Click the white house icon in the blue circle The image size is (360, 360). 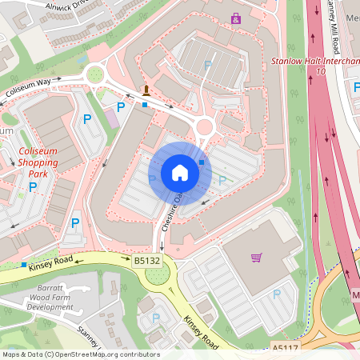pos(180,173)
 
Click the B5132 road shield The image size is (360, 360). pos(146,260)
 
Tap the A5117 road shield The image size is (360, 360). pos(284,348)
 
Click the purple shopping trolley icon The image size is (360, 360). pos(256,258)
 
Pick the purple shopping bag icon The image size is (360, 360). pos(235,18)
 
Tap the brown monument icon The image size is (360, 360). pos(146,90)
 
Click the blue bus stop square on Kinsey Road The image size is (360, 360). pos(25,265)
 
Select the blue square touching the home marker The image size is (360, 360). pos(202,162)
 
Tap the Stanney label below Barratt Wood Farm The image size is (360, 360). pos(88,330)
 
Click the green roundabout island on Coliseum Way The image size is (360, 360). pos(96,76)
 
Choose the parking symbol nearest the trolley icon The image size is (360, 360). pos(277,294)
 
